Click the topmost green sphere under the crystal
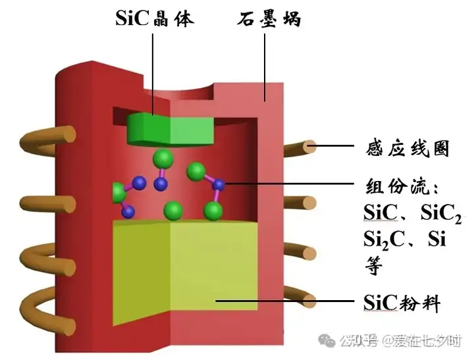coord(163,159)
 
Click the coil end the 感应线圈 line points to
coord(309,146)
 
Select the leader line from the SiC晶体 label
coord(153,72)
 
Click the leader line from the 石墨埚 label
coord(265,66)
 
